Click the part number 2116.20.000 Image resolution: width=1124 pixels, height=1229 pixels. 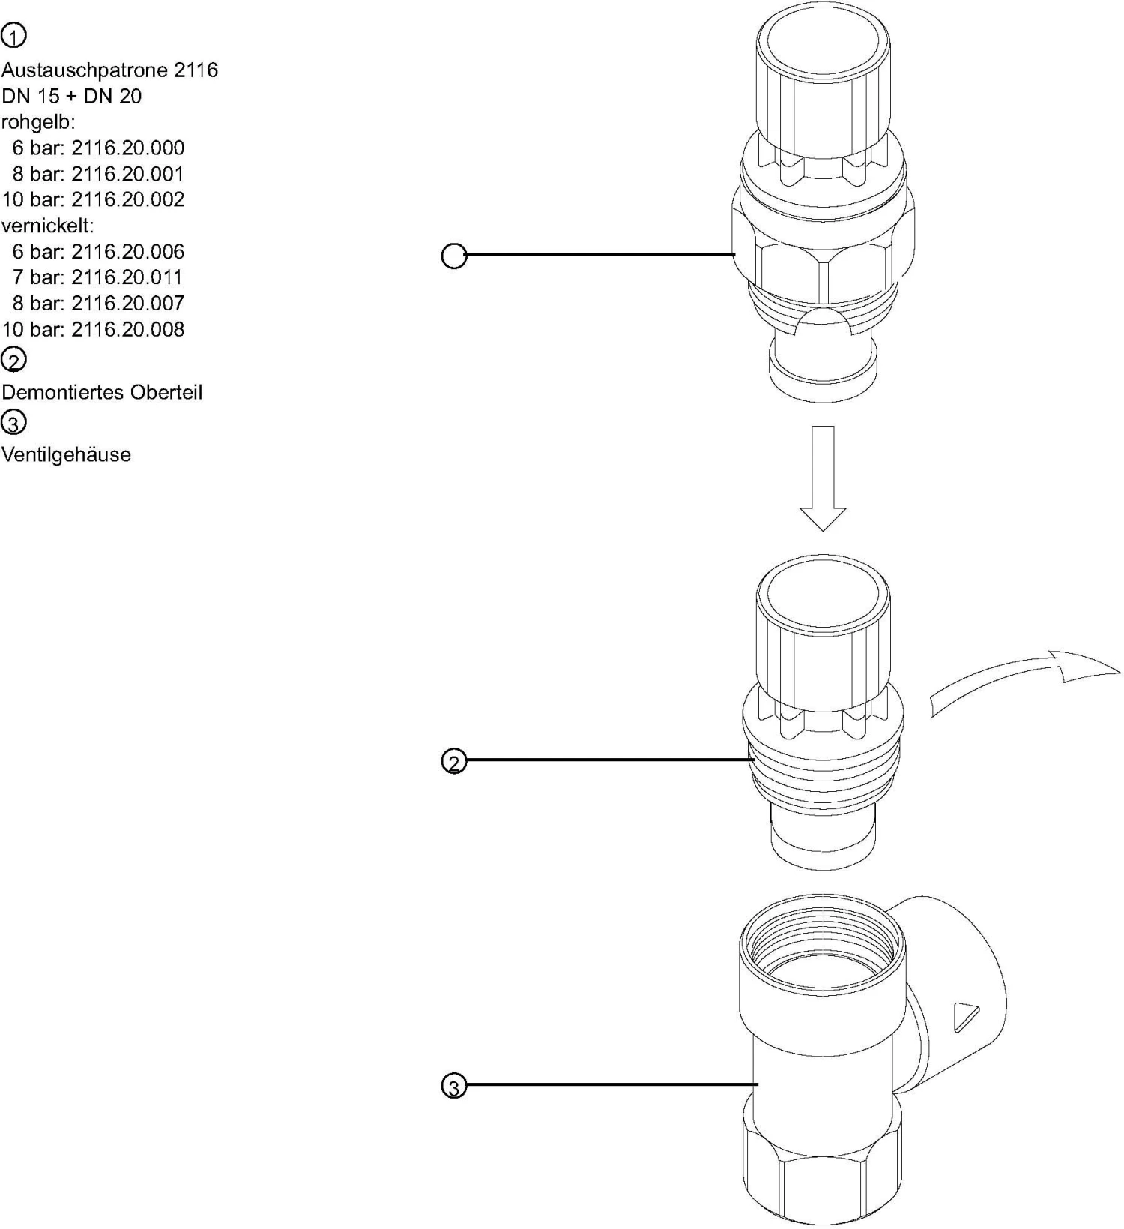(127, 148)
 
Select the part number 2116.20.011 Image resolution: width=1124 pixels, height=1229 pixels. (127, 277)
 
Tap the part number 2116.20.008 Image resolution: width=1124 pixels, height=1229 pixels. (127, 329)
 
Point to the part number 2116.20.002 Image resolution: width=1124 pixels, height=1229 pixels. (127, 199)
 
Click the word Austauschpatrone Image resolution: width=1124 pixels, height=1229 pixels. (85, 70)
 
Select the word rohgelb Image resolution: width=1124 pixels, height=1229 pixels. (37, 122)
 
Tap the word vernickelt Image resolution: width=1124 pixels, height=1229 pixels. (47, 226)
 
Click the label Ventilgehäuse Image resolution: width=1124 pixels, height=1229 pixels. (66, 455)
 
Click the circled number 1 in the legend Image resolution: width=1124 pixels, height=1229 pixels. (13, 35)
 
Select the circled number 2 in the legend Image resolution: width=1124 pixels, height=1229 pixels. (13, 360)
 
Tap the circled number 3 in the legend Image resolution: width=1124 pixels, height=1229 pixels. (13, 423)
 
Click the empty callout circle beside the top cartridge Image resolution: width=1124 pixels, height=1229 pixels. (453, 256)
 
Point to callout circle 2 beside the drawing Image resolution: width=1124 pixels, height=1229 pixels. (453, 762)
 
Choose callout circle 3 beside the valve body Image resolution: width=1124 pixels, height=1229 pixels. (453, 1086)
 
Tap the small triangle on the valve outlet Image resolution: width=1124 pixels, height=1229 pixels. (964, 1016)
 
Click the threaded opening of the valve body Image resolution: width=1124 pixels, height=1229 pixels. (822, 947)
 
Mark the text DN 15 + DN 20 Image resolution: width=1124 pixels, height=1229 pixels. (71, 96)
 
